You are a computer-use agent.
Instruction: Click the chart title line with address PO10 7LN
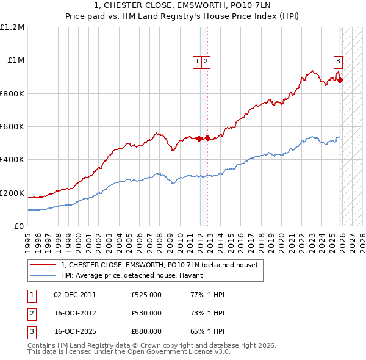coord(183,5)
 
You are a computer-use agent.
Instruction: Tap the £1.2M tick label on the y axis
coord(12,27)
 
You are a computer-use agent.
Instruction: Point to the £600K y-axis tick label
coord(12,127)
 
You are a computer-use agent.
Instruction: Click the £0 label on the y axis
coord(20,226)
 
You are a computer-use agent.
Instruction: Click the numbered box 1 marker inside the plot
coord(198,61)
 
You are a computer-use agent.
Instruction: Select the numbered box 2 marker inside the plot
coord(206,61)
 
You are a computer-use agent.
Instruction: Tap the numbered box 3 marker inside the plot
coord(338,61)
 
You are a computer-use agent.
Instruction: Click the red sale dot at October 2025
coord(340,80)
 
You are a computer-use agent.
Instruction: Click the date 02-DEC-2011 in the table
coord(75,295)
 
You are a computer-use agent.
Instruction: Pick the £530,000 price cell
coord(146,313)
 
